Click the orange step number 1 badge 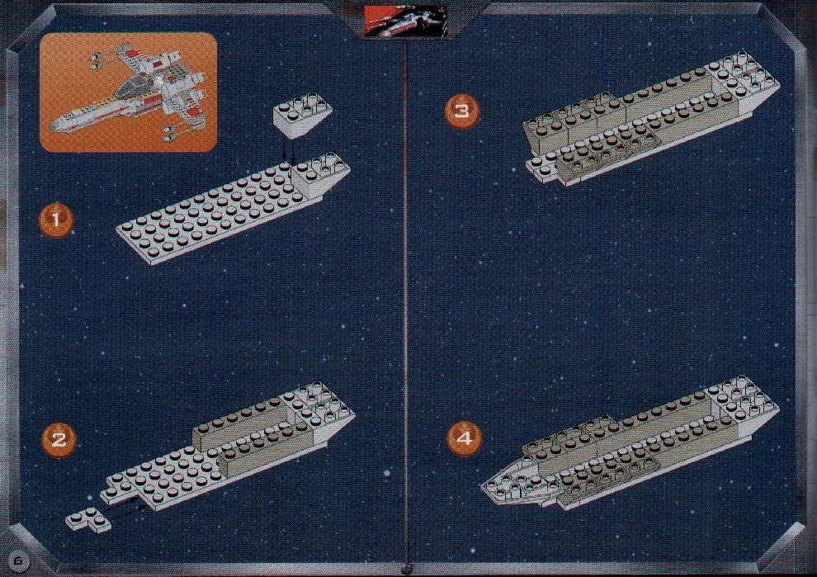click(56, 220)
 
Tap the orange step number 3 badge click(461, 111)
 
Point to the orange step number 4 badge click(465, 437)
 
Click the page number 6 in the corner click(19, 560)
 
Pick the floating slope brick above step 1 click(303, 115)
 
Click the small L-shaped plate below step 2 click(88, 520)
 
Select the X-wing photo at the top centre click(405, 21)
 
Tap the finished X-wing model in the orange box click(129, 92)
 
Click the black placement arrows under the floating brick click(288, 150)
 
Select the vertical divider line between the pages click(406, 302)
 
